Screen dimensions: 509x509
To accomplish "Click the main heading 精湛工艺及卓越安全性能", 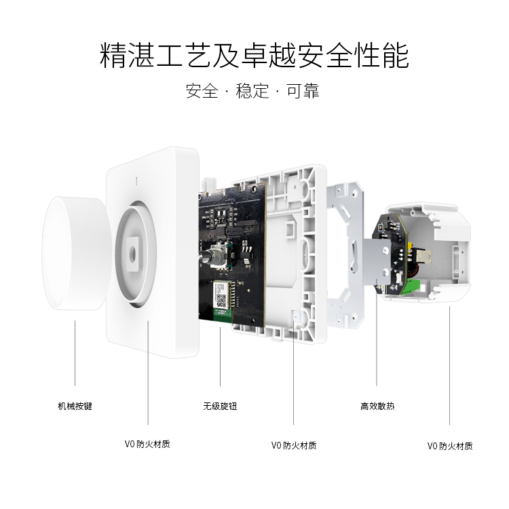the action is coord(254,56).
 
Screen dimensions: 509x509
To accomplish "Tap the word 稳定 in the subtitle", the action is coord(252,91).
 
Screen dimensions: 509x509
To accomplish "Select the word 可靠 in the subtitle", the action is coord(303,91).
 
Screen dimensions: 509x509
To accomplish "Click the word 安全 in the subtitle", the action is coord(202,91).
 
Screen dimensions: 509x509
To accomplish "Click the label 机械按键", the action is coord(75,406).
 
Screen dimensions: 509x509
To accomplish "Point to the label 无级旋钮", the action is coord(220,406).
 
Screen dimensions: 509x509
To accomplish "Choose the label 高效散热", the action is coord(377,406).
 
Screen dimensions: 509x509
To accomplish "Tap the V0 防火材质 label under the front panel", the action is coord(147,444).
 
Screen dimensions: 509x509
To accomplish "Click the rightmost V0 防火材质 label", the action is coord(450,447).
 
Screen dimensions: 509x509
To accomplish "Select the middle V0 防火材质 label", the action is coord(294,445).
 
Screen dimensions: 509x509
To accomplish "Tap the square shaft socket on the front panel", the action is coord(133,254).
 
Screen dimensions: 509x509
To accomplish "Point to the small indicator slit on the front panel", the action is coord(136,181).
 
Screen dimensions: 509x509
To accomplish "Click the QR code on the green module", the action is coord(221,301).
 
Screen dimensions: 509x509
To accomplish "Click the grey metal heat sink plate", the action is coord(377,262).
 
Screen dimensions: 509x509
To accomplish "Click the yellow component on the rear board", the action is coord(411,246).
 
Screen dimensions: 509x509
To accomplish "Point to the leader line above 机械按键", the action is coord(75,353).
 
